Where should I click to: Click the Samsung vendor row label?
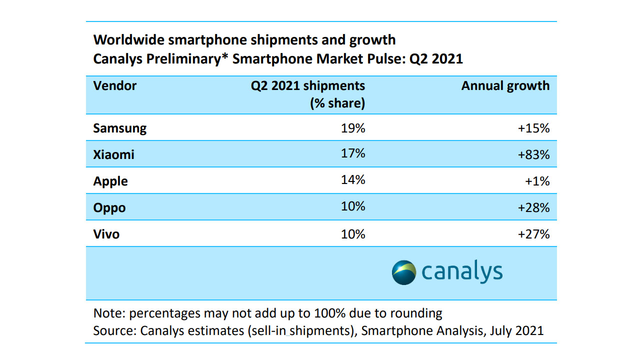119,128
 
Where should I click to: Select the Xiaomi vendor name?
113,154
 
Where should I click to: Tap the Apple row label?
110,181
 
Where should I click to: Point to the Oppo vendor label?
109,207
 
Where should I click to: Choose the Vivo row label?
106,233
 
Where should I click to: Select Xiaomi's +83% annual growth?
533,154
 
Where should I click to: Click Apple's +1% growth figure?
537,181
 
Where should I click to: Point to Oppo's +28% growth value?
533,207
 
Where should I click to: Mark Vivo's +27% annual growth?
533,233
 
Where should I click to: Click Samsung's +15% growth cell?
533,128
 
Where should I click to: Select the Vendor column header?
114,85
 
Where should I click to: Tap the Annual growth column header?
505,85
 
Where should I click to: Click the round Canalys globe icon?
404,272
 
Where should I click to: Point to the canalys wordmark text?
462,272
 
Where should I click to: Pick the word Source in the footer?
114,330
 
